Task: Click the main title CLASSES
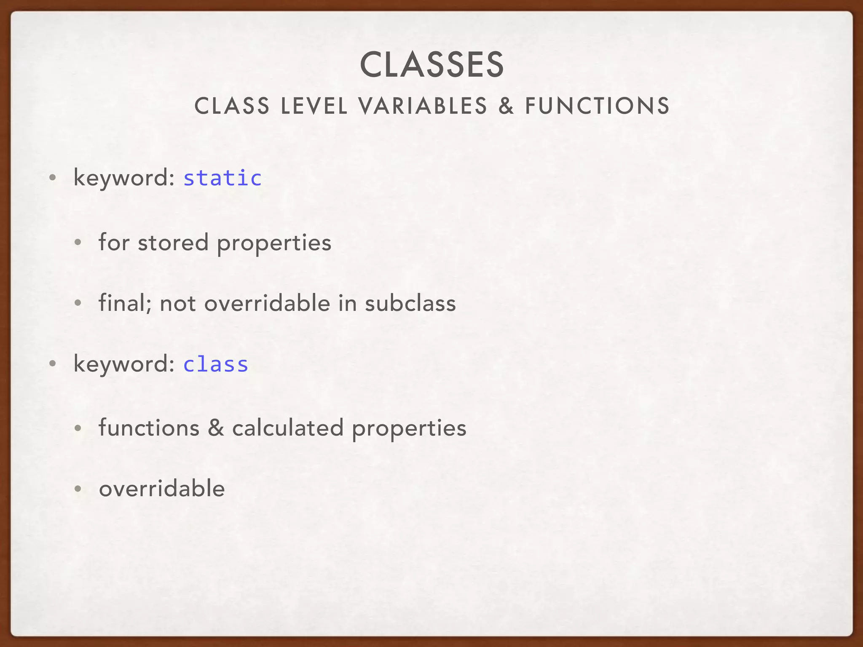(x=432, y=65)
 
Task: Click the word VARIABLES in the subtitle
(x=423, y=106)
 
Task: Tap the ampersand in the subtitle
(x=507, y=106)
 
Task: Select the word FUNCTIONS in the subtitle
(x=597, y=106)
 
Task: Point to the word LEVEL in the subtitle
(x=314, y=106)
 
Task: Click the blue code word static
(x=222, y=178)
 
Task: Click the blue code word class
(x=216, y=364)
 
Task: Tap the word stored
(x=173, y=243)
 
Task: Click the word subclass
(x=410, y=303)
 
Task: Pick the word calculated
(x=288, y=428)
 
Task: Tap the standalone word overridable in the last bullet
(x=162, y=489)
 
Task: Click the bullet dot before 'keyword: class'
(x=52, y=364)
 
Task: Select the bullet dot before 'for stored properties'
(x=78, y=243)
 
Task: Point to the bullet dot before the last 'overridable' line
(x=78, y=489)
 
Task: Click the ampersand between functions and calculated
(x=216, y=428)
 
